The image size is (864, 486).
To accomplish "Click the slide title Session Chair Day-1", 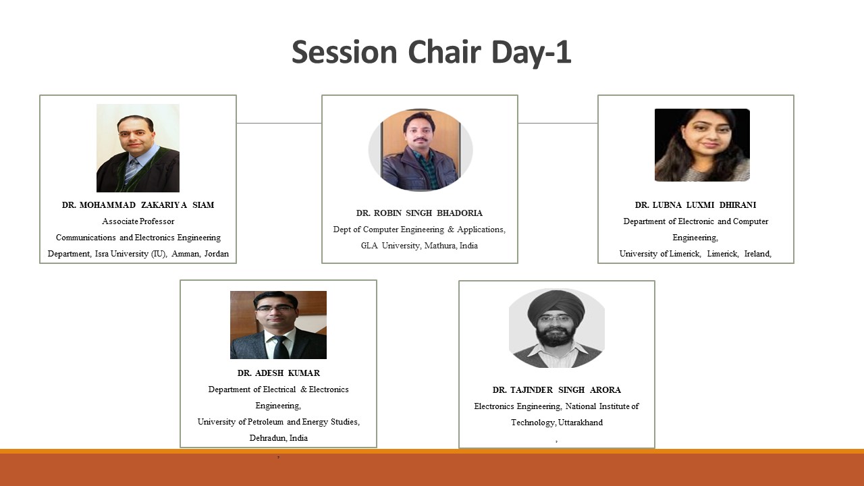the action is [x=431, y=53].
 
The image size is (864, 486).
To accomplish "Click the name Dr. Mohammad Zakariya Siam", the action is [x=138, y=205].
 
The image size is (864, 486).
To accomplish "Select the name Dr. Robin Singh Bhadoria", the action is [x=419, y=213].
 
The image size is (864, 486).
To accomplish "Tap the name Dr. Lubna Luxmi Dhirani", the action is [x=695, y=205].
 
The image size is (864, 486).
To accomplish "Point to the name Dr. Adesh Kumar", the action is [x=279, y=373].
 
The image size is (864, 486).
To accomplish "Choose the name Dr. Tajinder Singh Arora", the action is [x=557, y=390].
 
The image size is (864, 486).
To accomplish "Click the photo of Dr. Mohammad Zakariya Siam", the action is [x=138, y=148].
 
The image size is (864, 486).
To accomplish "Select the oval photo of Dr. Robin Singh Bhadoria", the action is [x=421, y=150].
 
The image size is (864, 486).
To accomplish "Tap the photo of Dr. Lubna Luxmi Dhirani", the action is [x=703, y=145].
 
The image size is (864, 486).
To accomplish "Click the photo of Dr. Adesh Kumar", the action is [x=279, y=325].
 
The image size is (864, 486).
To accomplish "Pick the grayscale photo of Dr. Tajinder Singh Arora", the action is [x=557, y=328].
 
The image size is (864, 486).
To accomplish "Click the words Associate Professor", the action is [x=138, y=221].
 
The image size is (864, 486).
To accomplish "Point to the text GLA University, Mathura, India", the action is [x=419, y=246].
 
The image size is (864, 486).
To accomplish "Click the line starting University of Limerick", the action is [x=695, y=254].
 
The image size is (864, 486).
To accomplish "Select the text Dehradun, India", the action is [x=279, y=438].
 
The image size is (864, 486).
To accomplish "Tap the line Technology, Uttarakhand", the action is [x=557, y=423].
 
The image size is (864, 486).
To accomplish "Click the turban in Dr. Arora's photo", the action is [x=556, y=304].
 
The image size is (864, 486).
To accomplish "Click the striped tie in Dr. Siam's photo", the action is [x=131, y=171].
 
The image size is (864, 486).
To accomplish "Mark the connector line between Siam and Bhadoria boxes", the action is [x=279, y=124].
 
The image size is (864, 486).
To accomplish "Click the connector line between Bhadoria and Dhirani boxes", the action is [x=558, y=124].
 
